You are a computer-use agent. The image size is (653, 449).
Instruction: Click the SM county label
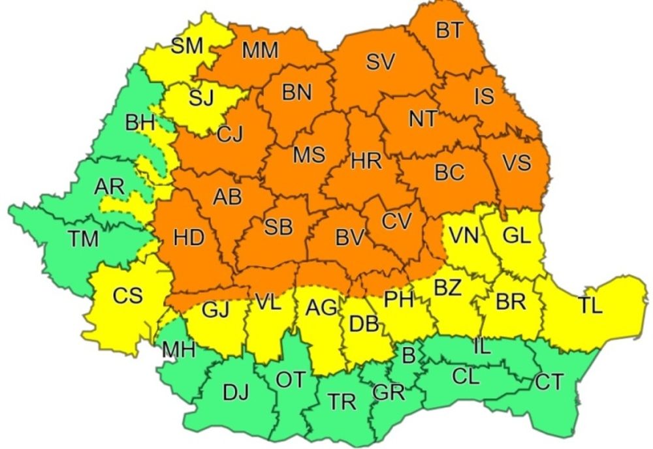tap(187, 46)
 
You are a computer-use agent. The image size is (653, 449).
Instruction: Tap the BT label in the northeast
tap(449, 31)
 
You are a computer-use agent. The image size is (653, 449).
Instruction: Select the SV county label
tap(380, 63)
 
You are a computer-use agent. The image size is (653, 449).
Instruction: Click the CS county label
tap(127, 296)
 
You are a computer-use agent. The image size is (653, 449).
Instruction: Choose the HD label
tap(189, 238)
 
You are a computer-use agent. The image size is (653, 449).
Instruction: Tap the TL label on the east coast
tap(590, 306)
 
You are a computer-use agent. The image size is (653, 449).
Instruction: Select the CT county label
tap(549, 382)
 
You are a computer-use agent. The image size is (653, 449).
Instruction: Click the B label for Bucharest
tap(408, 356)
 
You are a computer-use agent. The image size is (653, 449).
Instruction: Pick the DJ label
tap(236, 393)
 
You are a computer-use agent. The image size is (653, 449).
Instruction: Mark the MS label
tap(309, 155)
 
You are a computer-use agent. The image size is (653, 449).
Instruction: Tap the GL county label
tap(517, 235)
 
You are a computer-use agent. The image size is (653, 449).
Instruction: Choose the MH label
tap(178, 350)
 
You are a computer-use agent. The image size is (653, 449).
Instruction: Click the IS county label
tap(484, 97)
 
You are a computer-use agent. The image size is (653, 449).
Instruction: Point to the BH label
tap(140, 122)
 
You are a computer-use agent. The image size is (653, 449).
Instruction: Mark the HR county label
tap(366, 162)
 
